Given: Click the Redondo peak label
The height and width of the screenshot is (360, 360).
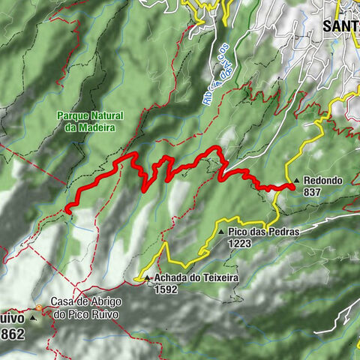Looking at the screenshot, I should (x=324, y=181).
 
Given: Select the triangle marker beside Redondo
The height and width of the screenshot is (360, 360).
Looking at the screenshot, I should (x=297, y=181).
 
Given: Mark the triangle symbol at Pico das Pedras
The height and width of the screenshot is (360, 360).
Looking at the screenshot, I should (x=222, y=232).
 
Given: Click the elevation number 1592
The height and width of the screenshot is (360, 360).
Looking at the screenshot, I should (x=166, y=289).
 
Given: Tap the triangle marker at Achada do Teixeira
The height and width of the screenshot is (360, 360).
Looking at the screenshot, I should (x=147, y=277).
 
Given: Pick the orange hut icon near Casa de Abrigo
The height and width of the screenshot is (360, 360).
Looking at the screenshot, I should (x=38, y=307).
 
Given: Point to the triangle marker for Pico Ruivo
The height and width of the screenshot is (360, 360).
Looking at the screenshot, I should (x=33, y=317).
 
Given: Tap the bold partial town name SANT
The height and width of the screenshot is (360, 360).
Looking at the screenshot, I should (x=340, y=25).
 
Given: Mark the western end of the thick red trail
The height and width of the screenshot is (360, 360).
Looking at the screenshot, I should (x=67, y=210).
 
